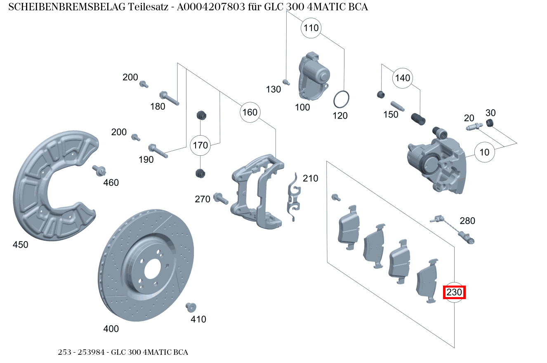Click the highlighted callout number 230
pyautogui.click(x=454, y=293)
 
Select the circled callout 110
pyautogui.click(x=311, y=28)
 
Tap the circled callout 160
pyautogui.click(x=250, y=112)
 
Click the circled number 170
pyautogui.click(x=200, y=145)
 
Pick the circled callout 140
pyautogui.click(x=403, y=78)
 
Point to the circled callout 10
pyautogui.click(x=485, y=152)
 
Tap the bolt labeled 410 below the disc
pyautogui.click(x=191, y=307)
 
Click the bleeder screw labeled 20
pyautogui.click(x=474, y=127)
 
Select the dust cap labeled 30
pyautogui.click(x=490, y=122)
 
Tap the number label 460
pyautogui.click(x=111, y=183)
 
